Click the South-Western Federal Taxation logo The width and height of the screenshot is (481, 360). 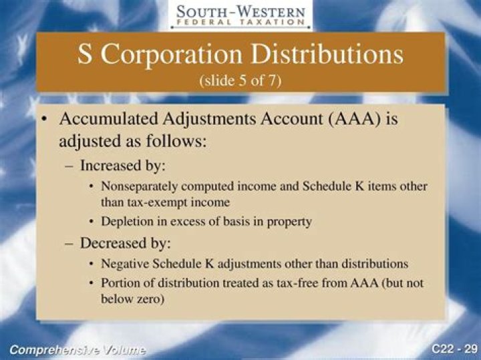240,15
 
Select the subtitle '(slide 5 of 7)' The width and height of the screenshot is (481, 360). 240,80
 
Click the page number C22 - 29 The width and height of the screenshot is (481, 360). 454,349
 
